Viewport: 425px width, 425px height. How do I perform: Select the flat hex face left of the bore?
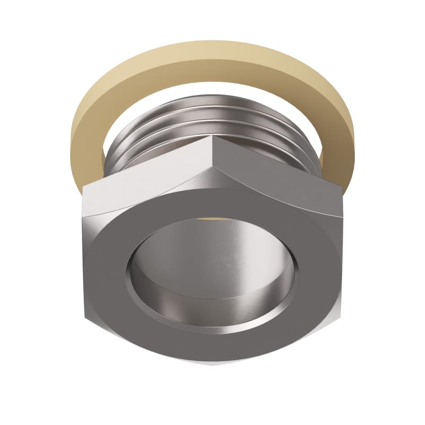(x=104, y=255)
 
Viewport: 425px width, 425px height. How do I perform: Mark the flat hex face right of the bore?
(x=321, y=255)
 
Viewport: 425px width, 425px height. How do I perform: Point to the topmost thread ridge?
(x=212, y=100)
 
